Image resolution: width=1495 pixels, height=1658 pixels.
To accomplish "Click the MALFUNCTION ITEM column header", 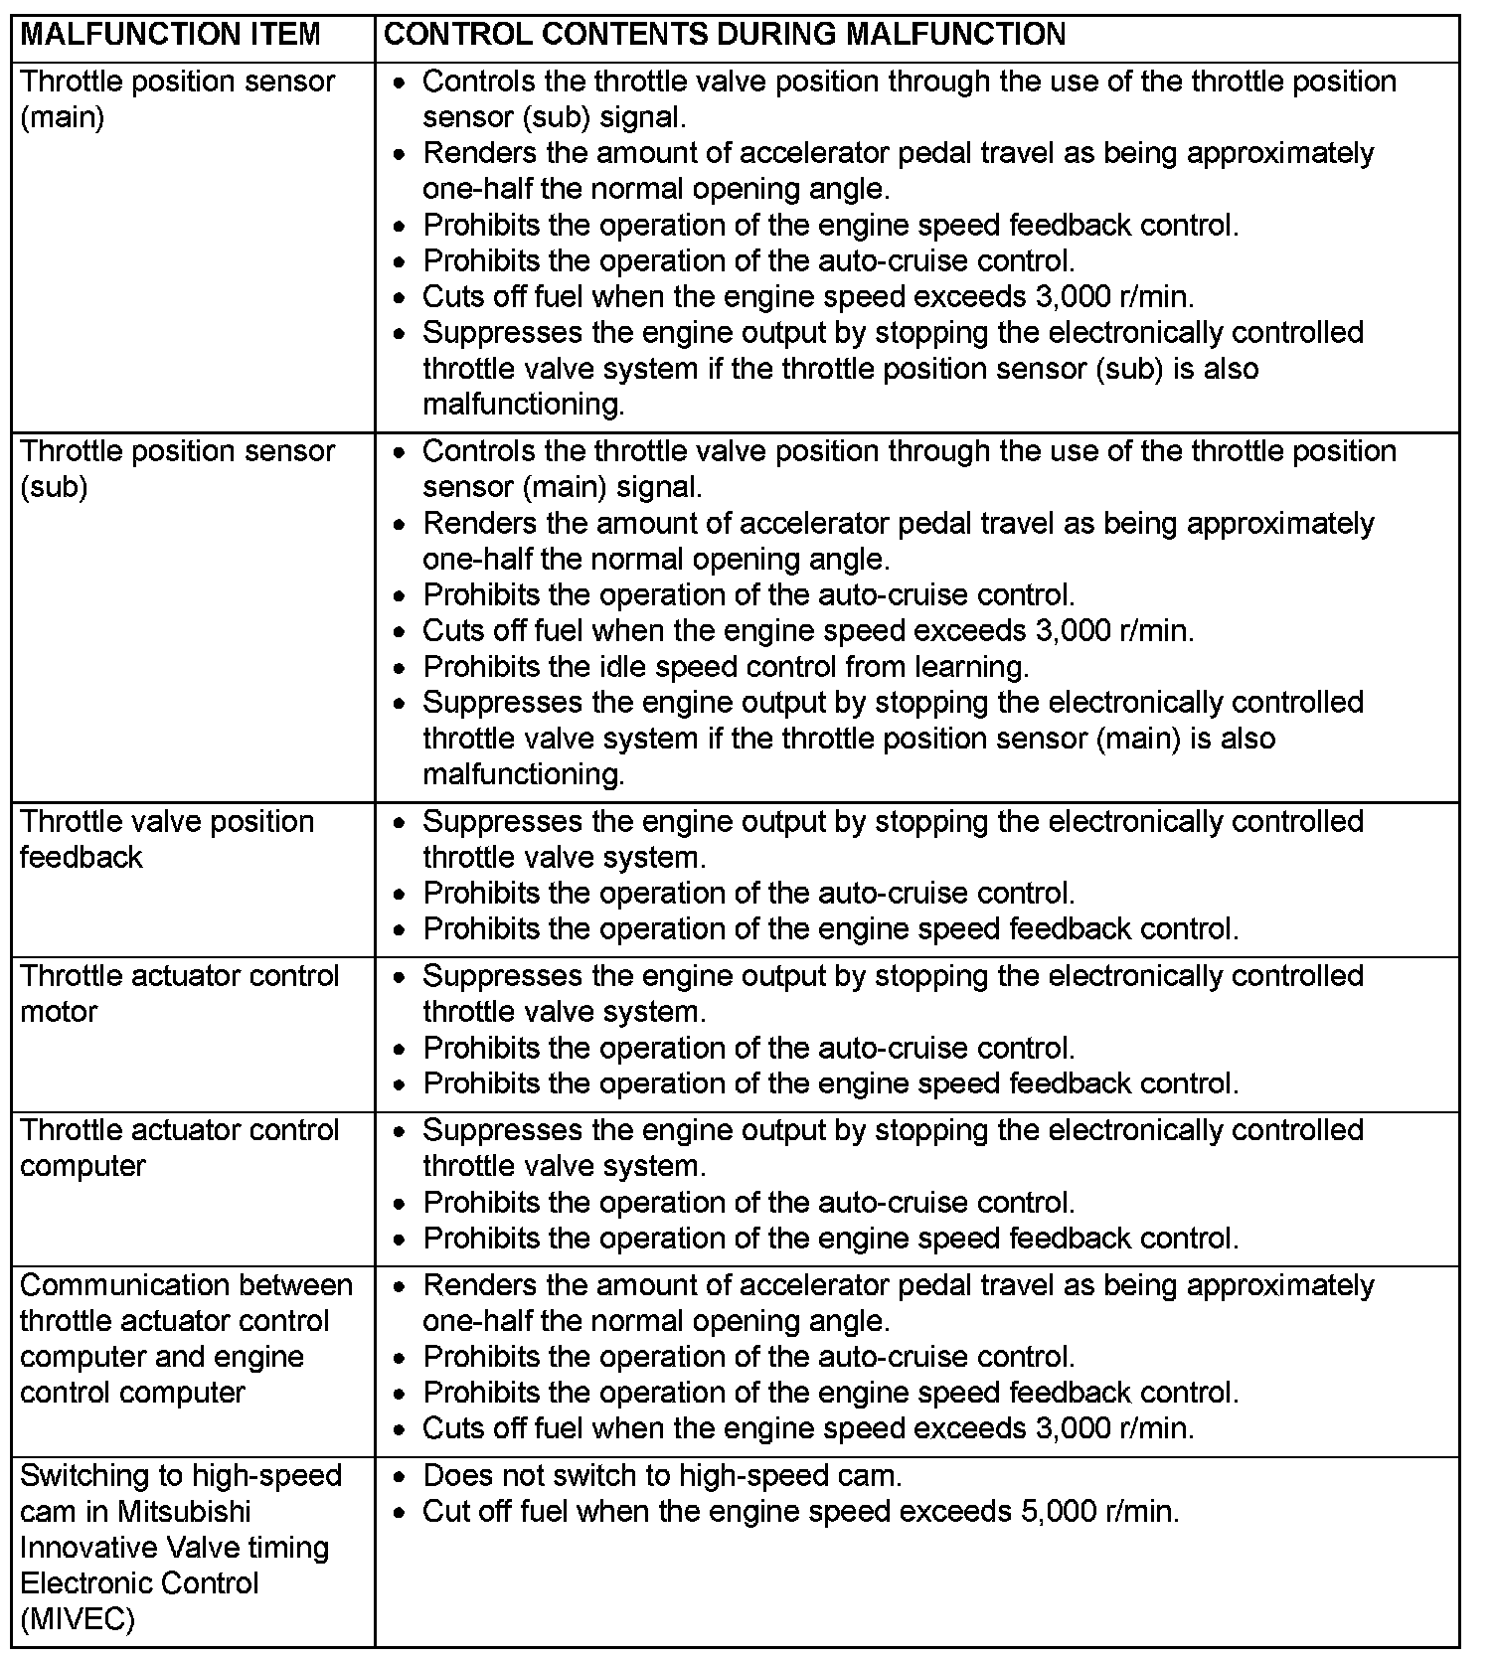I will point(170,35).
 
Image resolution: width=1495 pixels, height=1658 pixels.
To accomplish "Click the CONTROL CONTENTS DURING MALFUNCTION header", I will point(724,35).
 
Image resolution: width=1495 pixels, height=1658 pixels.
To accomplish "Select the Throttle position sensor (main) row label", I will point(177,98).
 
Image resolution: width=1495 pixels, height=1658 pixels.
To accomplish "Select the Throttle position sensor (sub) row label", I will point(177,468).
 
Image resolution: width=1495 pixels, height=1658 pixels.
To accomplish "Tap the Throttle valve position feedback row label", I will point(166,839).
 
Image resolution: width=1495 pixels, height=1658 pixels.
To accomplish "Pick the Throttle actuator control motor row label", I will point(179,993).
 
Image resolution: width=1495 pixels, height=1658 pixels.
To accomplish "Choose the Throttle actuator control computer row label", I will point(179,1148).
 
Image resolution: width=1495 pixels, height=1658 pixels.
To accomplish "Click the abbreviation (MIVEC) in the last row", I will point(77,1618).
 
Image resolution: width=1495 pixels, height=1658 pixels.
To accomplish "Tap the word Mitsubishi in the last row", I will point(184,1511).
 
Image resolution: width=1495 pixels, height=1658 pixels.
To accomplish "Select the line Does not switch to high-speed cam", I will point(662,1475).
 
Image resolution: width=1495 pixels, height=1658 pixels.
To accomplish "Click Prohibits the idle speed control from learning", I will point(726,666).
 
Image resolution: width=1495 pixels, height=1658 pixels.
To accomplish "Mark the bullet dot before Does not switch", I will point(399,1477).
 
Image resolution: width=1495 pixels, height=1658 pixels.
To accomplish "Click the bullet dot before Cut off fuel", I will point(399,1513).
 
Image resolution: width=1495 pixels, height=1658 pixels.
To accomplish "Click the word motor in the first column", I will point(59,1012).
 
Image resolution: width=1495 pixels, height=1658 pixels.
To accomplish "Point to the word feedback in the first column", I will point(81,857).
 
